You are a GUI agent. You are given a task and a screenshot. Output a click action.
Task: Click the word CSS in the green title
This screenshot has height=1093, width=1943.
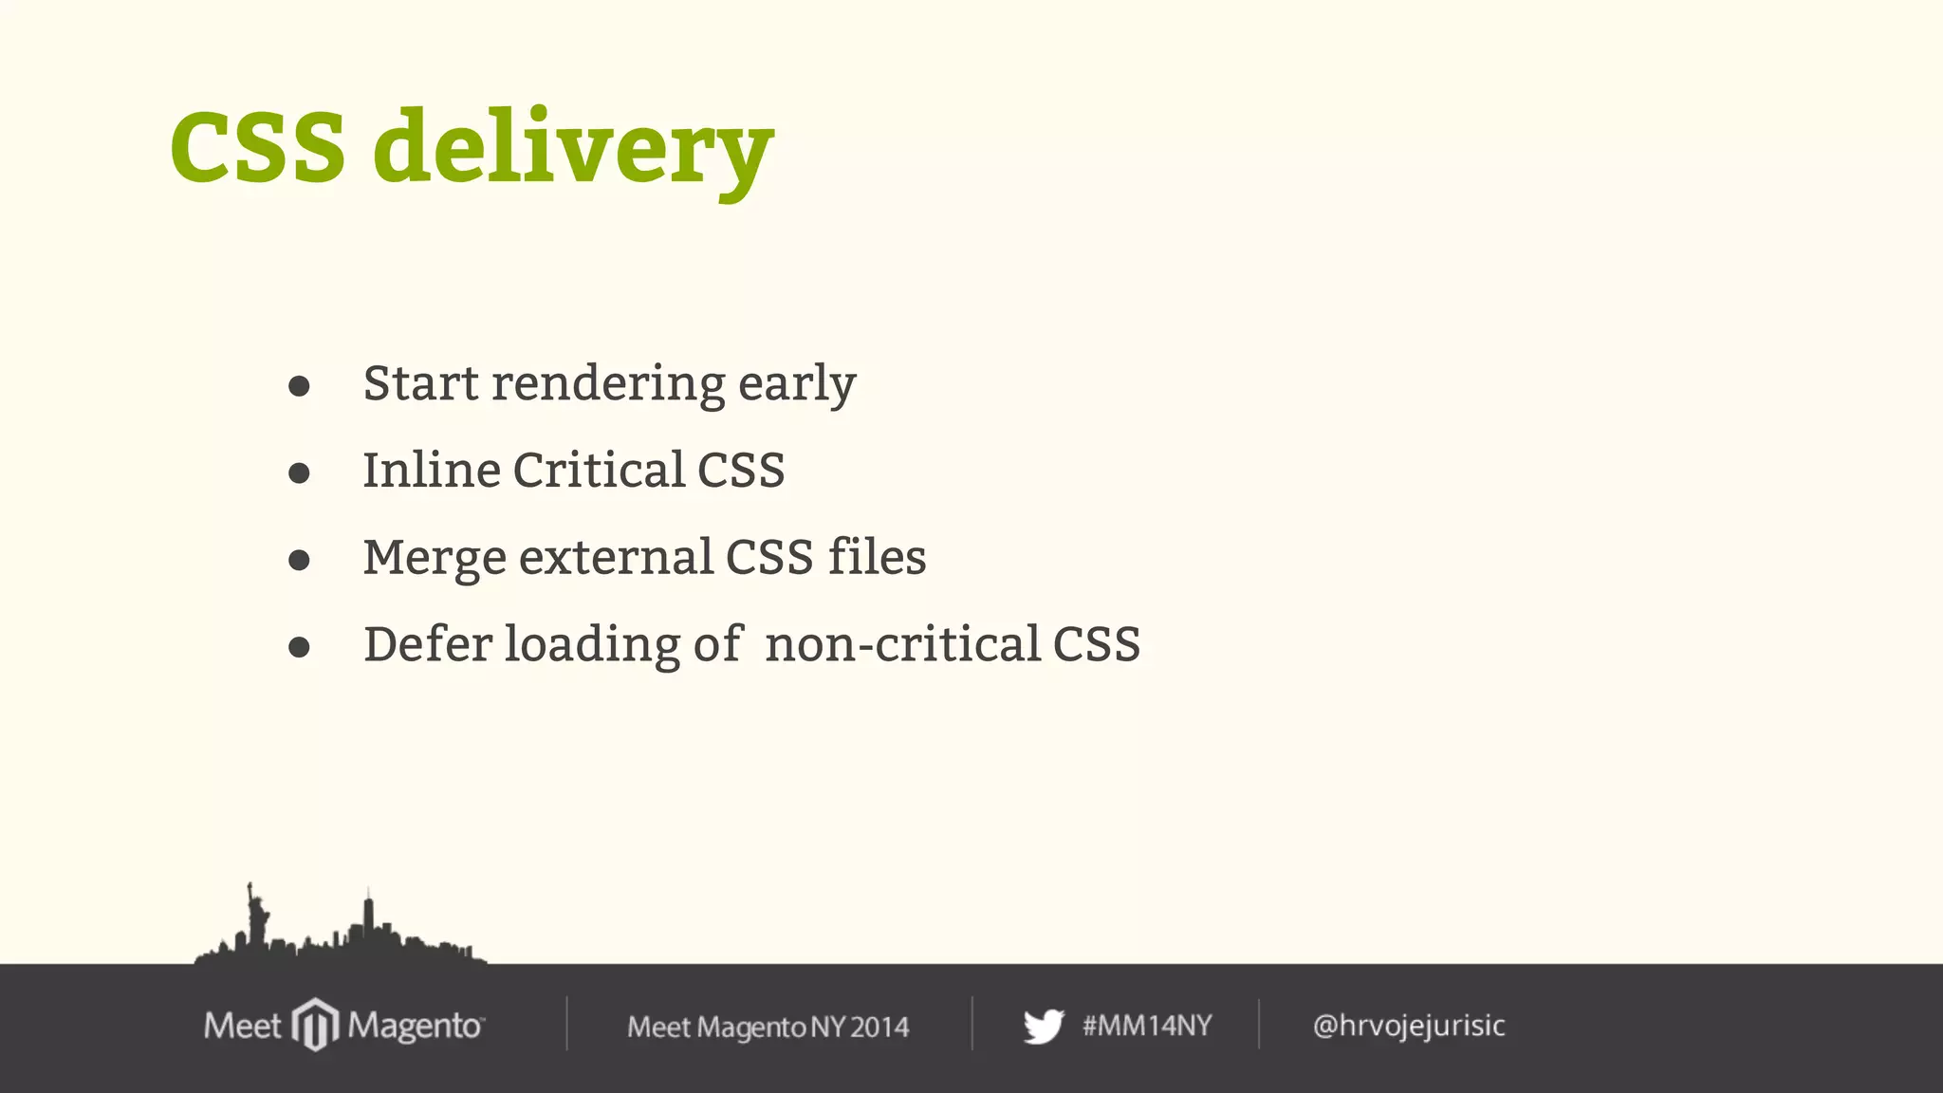coord(258,147)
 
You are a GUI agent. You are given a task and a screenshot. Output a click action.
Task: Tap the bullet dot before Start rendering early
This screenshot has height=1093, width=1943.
coord(299,386)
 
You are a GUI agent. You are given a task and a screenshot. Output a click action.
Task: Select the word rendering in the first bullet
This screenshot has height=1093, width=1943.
coord(608,384)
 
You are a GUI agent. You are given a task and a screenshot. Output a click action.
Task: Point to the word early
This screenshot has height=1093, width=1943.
coord(797,384)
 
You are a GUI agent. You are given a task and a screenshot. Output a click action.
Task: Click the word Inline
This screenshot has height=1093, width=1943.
coord(432,470)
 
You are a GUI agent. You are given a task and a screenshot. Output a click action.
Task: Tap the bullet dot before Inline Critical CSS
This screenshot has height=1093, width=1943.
coord(299,472)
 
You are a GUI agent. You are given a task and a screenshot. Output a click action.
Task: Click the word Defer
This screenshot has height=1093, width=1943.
coord(428,644)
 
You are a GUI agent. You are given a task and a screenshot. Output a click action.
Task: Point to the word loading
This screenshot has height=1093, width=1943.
coord(592,645)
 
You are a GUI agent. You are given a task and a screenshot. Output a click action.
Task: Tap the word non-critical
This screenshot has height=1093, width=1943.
coord(903,644)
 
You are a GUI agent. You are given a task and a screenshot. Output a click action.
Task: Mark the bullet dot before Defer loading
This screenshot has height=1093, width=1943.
coord(299,647)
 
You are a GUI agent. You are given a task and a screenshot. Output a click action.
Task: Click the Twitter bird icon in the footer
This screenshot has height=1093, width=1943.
coord(1044,1026)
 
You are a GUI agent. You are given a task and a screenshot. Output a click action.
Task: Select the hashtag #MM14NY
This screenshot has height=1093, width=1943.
coord(1147,1026)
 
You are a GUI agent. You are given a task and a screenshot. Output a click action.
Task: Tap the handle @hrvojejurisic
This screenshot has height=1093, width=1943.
coord(1409,1026)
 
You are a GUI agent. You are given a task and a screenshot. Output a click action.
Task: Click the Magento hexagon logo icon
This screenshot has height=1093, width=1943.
coord(315,1025)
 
